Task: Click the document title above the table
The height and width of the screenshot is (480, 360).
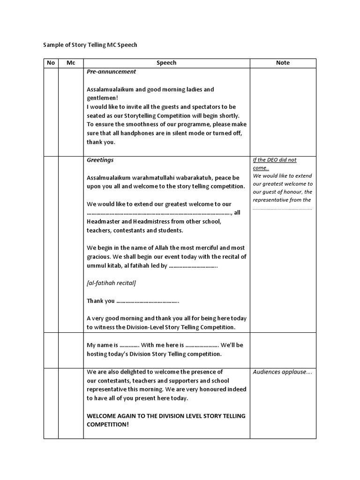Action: [x=90, y=45]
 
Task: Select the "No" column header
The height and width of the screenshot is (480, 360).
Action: [x=51, y=63]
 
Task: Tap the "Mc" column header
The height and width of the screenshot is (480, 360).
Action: [x=71, y=63]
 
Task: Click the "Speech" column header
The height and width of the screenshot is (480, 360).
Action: [x=166, y=63]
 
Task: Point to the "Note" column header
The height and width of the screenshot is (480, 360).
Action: [x=283, y=63]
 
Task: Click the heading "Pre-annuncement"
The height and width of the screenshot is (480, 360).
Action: [x=112, y=72]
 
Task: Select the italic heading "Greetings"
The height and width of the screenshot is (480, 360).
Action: [x=100, y=160]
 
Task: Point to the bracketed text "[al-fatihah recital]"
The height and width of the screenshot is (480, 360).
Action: [x=112, y=283]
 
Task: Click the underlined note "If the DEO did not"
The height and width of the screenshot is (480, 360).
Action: [x=275, y=160]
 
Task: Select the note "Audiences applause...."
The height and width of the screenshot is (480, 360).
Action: [x=282, y=372]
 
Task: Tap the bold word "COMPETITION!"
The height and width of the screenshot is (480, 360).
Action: [x=108, y=424]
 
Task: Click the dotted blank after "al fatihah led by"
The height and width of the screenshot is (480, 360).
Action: [x=193, y=266]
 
